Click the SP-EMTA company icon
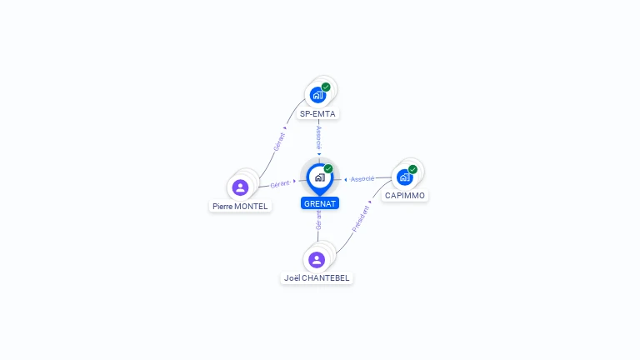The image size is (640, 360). (x=317, y=95)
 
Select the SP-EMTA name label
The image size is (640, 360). (x=319, y=113)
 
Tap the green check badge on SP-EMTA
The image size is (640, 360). (x=326, y=87)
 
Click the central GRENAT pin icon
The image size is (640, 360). (x=319, y=177)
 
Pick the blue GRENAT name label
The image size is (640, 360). (x=320, y=203)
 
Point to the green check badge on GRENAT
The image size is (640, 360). (x=328, y=169)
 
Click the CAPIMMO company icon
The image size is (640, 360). (x=404, y=177)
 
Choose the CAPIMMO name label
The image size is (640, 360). (x=405, y=196)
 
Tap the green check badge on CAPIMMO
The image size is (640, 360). (x=412, y=169)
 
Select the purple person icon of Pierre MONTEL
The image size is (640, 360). (x=241, y=187)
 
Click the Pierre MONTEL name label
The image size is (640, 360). (x=240, y=206)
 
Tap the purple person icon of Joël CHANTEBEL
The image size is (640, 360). (x=316, y=259)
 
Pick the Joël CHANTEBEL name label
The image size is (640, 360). (x=317, y=278)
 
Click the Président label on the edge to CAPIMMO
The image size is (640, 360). (x=361, y=218)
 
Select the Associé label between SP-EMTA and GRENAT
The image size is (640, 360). (x=319, y=137)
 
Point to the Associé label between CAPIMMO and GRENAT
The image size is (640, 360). (x=362, y=179)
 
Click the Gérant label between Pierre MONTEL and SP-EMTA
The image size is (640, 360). (x=280, y=141)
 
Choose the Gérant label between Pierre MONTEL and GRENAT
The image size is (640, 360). (x=280, y=183)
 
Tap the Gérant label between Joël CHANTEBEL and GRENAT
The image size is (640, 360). (x=318, y=220)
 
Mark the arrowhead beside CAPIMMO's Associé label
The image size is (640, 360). (x=346, y=179)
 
